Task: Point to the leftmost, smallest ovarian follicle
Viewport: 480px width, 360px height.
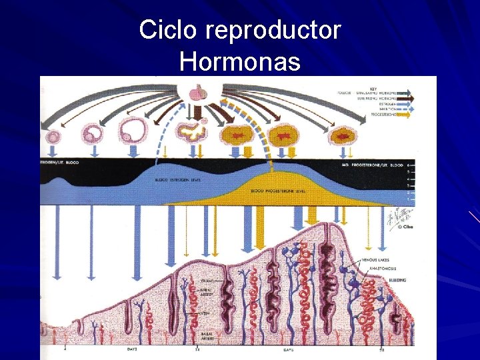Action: coord(53,136)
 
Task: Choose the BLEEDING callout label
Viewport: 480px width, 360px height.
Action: coord(393,280)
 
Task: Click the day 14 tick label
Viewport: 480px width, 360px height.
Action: coord(197,349)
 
